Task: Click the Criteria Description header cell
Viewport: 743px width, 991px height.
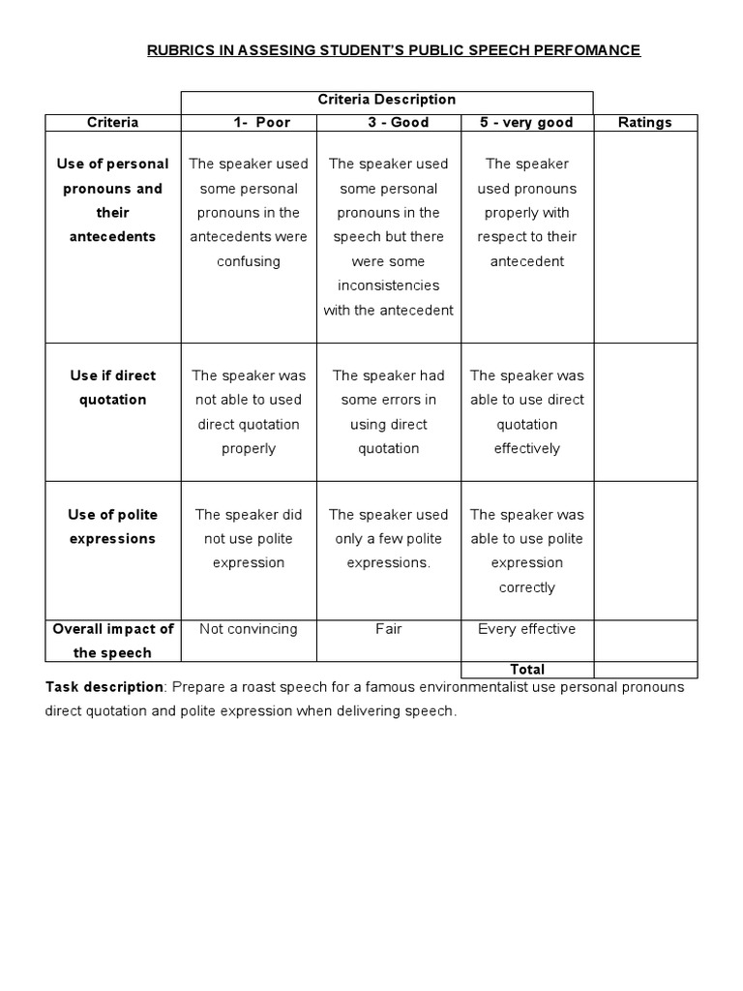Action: [x=387, y=100]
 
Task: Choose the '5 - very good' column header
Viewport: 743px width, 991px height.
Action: [x=526, y=123]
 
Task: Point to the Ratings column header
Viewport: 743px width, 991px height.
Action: [x=644, y=123]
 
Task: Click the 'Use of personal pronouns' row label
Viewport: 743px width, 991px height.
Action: [x=112, y=200]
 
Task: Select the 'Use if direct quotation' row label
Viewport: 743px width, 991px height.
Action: [x=112, y=387]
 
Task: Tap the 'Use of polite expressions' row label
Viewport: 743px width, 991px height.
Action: [x=112, y=526]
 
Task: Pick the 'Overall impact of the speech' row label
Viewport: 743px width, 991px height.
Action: [x=112, y=641]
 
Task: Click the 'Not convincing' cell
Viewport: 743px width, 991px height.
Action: [x=249, y=629]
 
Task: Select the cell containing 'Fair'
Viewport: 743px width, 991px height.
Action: [x=389, y=629]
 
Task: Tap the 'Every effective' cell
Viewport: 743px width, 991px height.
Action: [x=526, y=629]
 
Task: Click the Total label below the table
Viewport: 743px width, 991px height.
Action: [x=527, y=670]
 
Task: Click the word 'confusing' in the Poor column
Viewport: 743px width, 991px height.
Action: [x=249, y=261]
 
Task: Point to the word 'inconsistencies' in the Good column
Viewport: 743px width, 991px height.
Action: [x=389, y=285]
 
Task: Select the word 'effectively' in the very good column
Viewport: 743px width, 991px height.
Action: [x=527, y=448]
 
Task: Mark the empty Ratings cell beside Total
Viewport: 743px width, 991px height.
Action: [x=644, y=670]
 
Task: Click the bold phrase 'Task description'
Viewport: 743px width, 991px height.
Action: [x=104, y=687]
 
